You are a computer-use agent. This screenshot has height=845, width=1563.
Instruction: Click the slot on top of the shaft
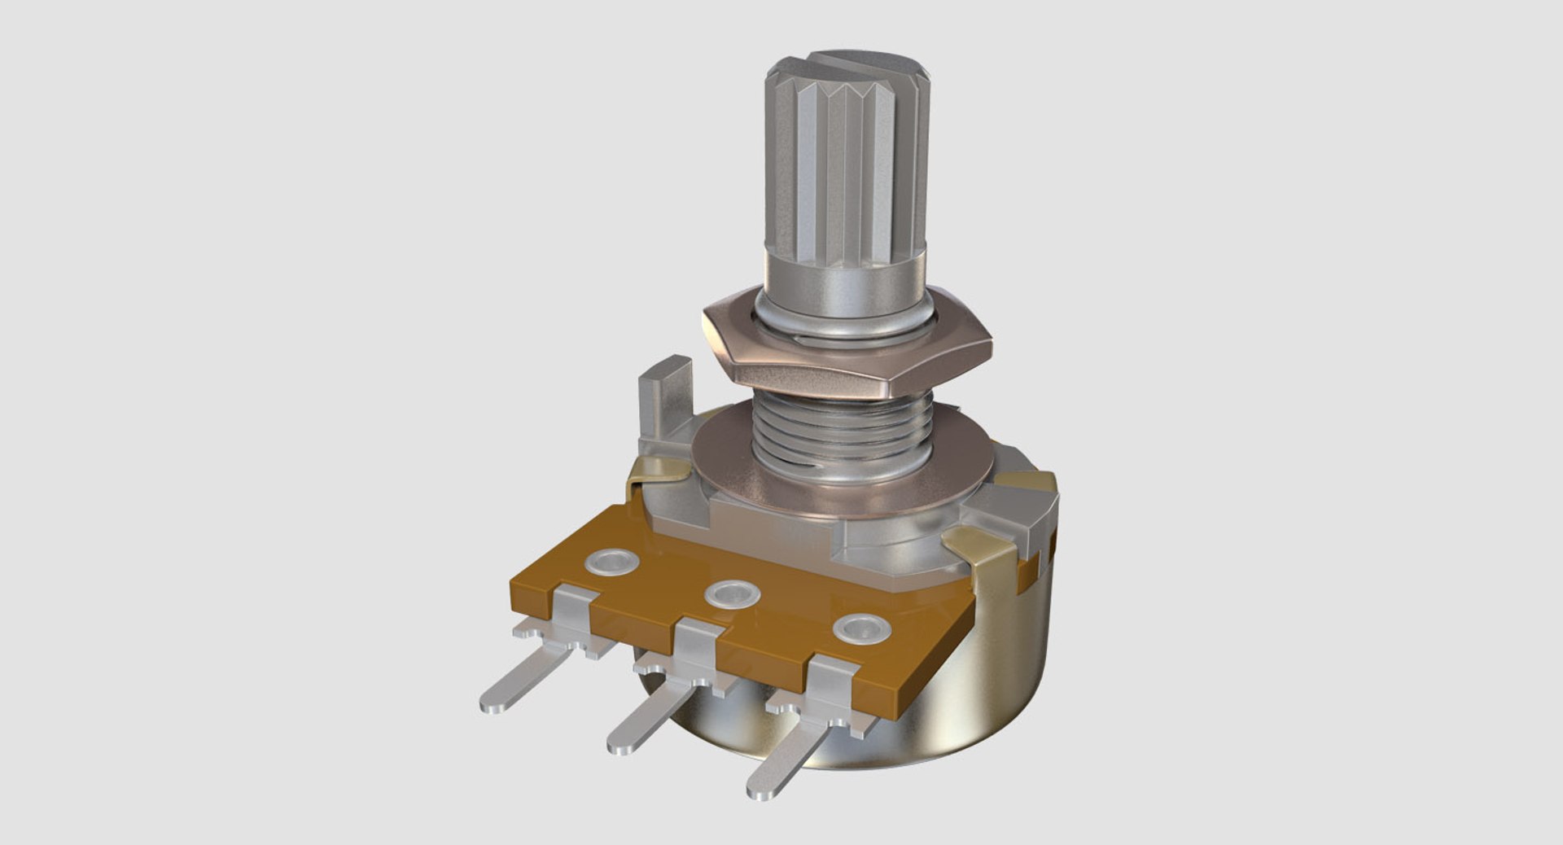pyautogui.click(x=847, y=62)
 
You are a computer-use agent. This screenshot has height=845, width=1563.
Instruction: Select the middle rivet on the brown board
pyautogui.click(x=733, y=593)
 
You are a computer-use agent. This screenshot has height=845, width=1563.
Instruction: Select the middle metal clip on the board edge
pyautogui.click(x=696, y=651)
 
